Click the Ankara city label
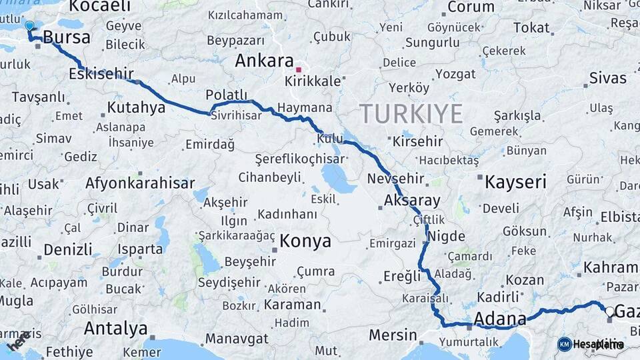click(264, 61)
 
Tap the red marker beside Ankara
click(299, 69)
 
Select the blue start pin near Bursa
click(29, 26)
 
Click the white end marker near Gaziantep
click(609, 311)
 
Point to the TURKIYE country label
click(411, 114)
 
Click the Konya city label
click(305, 241)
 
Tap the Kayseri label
click(515, 182)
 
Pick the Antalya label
click(116, 328)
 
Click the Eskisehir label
click(101, 74)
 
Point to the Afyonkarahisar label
click(140, 183)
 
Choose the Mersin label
click(393, 335)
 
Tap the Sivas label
click(608, 78)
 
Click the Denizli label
click(68, 250)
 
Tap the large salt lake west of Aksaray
click(338, 179)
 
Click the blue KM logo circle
click(564, 344)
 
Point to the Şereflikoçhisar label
click(299, 159)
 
